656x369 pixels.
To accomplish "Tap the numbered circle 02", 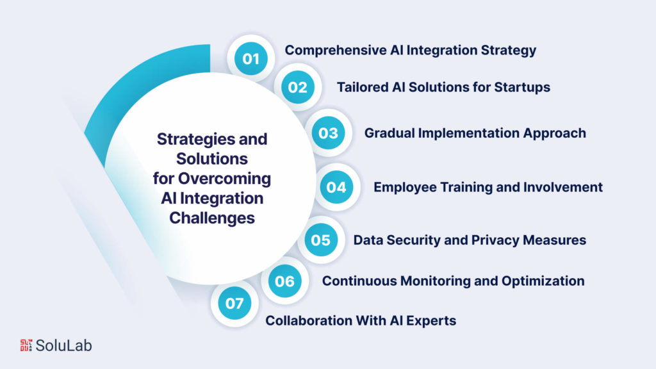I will tap(297, 87).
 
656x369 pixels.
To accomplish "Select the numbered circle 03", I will tap(328, 133).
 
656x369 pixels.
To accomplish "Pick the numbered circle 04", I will tap(336, 187).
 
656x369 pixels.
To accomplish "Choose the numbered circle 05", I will tap(320, 240).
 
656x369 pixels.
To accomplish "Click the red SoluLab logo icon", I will tap(26, 345).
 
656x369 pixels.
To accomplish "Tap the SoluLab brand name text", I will tap(64, 345).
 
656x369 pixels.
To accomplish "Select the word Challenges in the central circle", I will tap(212, 218).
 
